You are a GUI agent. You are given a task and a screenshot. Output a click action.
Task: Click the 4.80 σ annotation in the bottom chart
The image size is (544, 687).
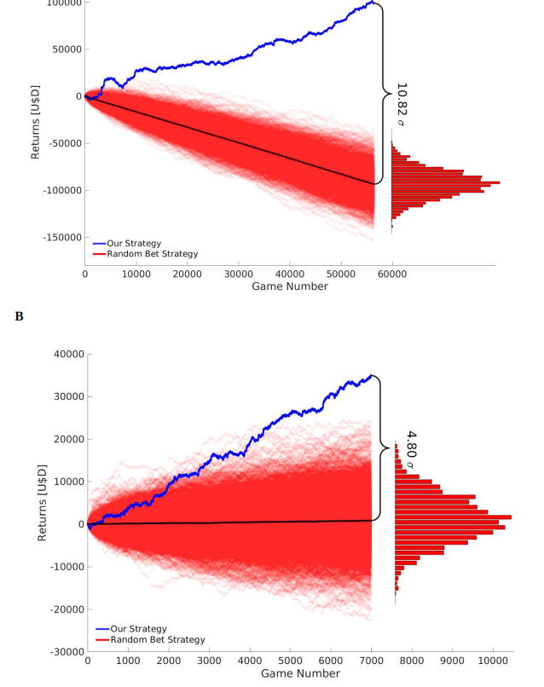tap(410, 451)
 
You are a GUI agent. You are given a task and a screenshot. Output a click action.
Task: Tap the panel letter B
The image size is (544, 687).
tap(19, 316)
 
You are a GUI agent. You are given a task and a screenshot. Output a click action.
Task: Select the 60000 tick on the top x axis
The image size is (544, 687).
tap(391, 274)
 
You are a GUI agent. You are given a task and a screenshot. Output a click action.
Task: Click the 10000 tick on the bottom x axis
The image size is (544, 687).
tap(493, 660)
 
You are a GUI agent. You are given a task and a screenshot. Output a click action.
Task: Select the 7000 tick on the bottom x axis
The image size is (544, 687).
tap(371, 660)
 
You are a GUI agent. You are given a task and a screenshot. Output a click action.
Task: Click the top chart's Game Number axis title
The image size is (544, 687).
tap(289, 286)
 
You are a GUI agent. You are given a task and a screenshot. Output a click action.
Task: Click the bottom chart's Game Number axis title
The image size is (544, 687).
tap(290, 673)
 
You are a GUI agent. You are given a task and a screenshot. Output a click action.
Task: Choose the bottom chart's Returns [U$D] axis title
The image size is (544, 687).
tap(42, 502)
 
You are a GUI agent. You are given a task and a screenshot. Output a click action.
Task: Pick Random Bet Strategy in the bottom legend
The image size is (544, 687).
tap(155, 639)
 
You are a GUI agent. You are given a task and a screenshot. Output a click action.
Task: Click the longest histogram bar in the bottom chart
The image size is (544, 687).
tap(453, 517)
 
